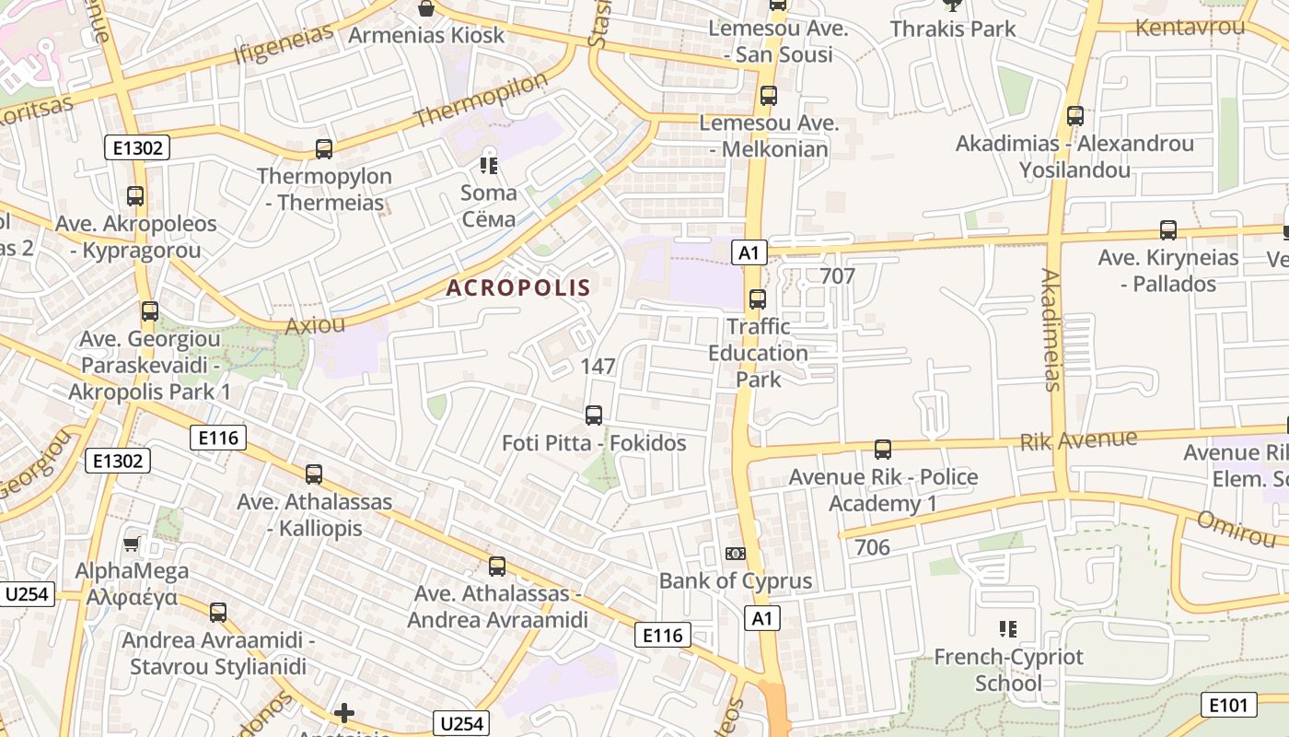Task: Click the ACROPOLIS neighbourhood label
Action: point(518,287)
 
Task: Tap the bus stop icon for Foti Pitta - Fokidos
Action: point(594,415)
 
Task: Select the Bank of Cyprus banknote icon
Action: point(735,553)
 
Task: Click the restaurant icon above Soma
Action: point(488,166)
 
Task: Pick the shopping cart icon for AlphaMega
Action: point(131,544)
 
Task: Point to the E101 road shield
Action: point(1229,706)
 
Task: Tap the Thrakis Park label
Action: point(953,29)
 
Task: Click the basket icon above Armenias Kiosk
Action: point(426,9)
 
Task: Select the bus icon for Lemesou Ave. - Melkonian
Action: point(769,95)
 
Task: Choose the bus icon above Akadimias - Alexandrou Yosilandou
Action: point(1075,116)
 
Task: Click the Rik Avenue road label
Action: point(1078,440)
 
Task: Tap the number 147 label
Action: point(598,366)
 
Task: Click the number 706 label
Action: point(872,547)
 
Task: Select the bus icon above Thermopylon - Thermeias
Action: point(323,148)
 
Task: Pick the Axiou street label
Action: point(315,325)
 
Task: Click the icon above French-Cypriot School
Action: point(1008,629)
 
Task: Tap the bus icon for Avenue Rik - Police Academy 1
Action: point(883,450)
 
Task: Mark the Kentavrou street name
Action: point(1190,27)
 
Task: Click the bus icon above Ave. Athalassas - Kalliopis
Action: point(314,474)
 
